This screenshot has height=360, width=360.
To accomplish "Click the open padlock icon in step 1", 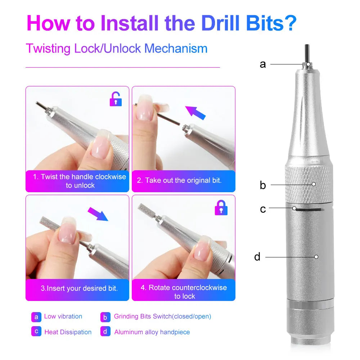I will (x=116, y=99).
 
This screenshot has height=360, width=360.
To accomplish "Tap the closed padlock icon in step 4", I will (x=221, y=208).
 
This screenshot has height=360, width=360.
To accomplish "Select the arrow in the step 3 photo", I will (x=98, y=214).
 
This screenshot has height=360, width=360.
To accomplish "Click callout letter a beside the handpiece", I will (x=263, y=64).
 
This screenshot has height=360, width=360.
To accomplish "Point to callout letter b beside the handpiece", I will (x=263, y=185).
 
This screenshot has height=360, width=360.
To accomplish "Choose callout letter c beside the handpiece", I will (x=263, y=209).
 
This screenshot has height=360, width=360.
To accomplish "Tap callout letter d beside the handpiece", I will (x=257, y=257).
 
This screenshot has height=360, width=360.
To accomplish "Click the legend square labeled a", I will (x=36, y=317).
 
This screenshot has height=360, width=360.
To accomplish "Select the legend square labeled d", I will (x=105, y=332).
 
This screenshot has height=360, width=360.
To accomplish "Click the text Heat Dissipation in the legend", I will (x=68, y=332).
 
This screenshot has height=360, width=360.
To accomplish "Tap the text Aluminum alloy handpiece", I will (x=152, y=332).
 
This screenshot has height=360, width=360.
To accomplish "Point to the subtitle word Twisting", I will (x=49, y=49).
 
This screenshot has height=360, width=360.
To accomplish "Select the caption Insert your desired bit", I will (x=79, y=288).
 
